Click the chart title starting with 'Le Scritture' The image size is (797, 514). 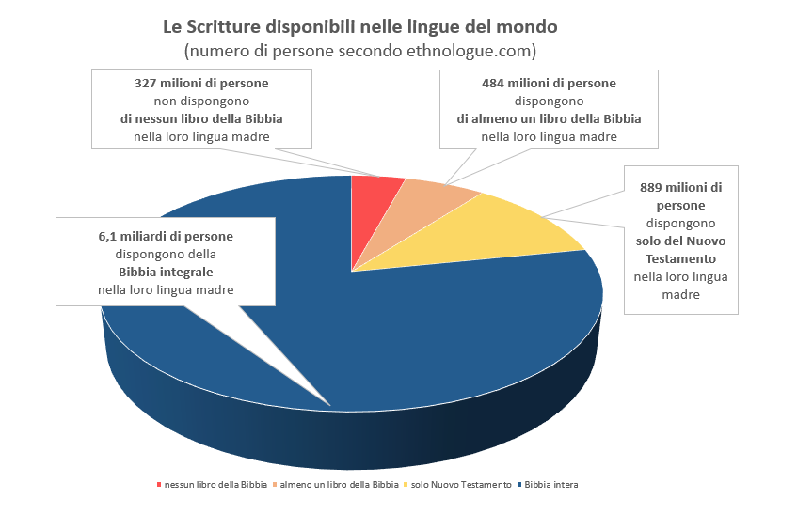tap(360, 25)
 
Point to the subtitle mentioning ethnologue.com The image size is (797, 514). tap(360, 49)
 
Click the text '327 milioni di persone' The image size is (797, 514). tap(201, 83)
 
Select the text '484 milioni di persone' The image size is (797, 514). tap(549, 83)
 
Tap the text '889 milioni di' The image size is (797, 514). tap(680, 187)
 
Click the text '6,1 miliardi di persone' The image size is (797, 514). tap(166, 236)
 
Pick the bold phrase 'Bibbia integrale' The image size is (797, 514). tap(166, 272)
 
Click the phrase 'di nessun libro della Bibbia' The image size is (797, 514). tap(201, 118)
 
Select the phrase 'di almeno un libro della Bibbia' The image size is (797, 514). tap(549, 118)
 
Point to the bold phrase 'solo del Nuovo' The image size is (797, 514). tap(680, 241)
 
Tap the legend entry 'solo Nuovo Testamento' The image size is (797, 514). tap(460, 485)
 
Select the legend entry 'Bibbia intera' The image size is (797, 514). tap(551, 485)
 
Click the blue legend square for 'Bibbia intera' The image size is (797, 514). tap(520, 485)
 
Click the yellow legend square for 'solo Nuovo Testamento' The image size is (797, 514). tap(406, 485)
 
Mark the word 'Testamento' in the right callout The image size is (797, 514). tap(680, 259)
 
